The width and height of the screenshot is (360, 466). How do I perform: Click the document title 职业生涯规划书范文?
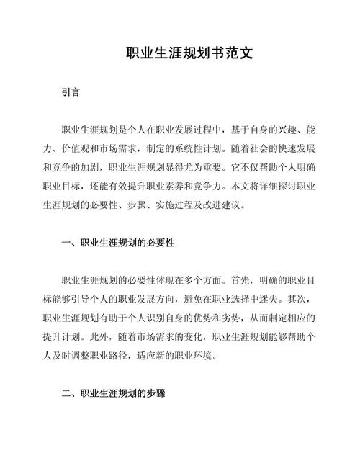179,53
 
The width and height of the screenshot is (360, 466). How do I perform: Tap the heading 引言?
71,92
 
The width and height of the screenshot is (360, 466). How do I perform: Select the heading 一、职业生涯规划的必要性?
118,243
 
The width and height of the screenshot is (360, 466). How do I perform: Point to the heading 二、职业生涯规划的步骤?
113,393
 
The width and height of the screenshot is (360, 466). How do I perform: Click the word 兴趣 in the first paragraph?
279,130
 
